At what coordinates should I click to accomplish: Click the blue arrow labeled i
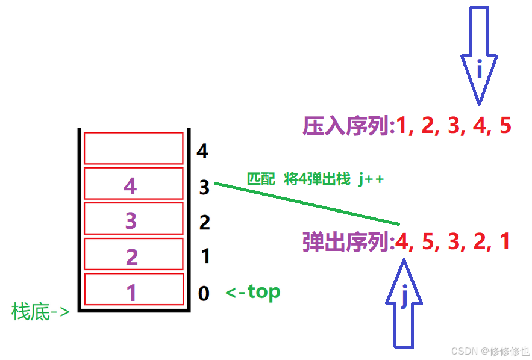point(480,60)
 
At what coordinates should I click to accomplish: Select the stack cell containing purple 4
point(133,184)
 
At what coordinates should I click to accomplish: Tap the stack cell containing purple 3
point(133,219)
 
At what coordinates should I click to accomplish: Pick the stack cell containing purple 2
point(133,255)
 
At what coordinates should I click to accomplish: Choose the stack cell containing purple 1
point(133,290)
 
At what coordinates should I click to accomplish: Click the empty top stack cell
point(133,148)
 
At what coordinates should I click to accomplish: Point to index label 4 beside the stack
point(202,151)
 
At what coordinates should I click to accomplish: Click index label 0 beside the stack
point(204,294)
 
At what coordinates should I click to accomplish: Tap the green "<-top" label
point(253,293)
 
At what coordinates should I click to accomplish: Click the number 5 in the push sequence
point(505,126)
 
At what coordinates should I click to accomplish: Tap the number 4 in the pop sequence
point(402,242)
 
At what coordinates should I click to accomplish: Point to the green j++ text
point(371,179)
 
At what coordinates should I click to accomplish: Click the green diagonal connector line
point(307,203)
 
